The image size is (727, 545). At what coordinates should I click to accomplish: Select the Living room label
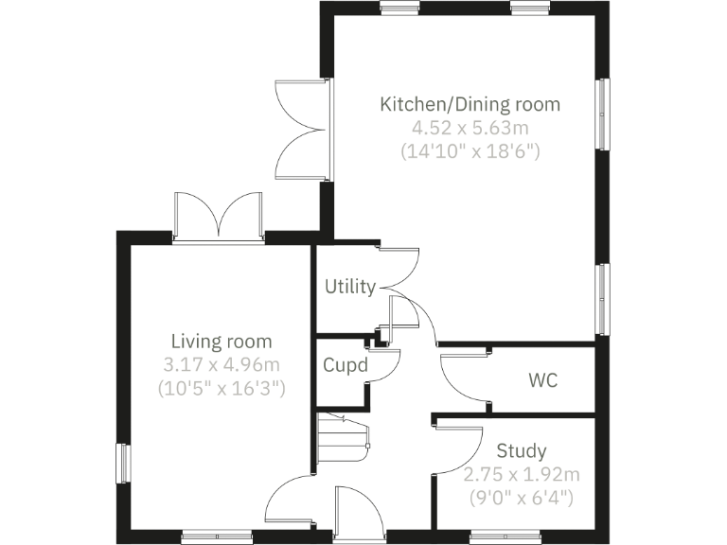(x=221, y=342)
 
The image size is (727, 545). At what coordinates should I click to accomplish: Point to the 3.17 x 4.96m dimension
(x=221, y=364)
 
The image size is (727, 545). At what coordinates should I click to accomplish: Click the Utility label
(x=350, y=287)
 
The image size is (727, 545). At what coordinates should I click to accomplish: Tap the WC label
(x=542, y=381)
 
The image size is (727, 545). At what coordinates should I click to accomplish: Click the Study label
(x=522, y=451)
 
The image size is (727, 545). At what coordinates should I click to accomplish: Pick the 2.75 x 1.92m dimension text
(x=522, y=474)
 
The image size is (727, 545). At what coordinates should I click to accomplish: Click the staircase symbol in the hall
(x=341, y=436)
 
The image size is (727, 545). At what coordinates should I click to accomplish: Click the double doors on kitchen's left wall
(x=301, y=130)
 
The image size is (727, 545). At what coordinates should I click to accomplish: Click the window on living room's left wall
(x=122, y=464)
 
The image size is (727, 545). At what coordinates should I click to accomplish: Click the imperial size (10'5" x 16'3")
(x=221, y=387)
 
